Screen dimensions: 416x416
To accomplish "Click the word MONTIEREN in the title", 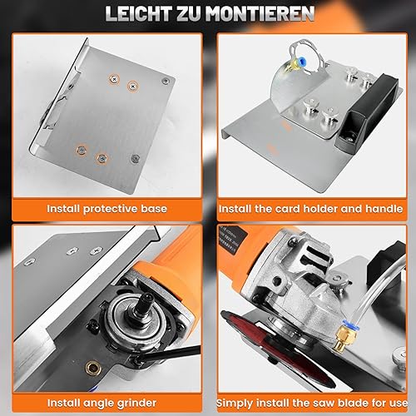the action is [260, 13].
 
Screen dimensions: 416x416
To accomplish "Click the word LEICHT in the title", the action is [138, 13].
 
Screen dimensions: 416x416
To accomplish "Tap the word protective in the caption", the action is [111, 209].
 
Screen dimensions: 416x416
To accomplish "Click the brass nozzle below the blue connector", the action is [340, 339].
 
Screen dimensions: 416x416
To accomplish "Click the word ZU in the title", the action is [189, 13].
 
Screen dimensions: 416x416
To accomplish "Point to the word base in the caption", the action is [154, 209].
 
